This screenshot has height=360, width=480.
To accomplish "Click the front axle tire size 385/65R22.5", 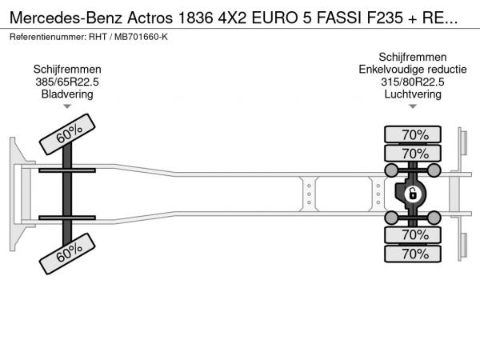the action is tap(67, 82).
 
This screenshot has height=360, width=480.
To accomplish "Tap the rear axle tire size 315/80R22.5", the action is tap(412, 82).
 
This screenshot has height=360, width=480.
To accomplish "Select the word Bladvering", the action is tap(67, 94).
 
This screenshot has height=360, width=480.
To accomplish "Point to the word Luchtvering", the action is tap(413, 94).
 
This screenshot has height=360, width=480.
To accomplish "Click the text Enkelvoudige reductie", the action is tap(413, 70).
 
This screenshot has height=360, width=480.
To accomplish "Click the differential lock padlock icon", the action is tap(413, 194).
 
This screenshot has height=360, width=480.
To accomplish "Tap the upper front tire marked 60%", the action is tap(67, 134).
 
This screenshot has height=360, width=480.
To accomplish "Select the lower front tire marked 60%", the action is tap(67, 254).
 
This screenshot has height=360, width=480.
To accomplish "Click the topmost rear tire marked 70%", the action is tap(413, 134).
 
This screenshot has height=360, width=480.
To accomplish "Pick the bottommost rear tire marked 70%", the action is tap(413, 254).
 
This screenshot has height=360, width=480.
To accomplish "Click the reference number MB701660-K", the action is tap(141, 37).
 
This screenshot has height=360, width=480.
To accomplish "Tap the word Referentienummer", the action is tap(48, 37).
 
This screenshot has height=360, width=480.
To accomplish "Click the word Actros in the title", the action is tap(150, 18).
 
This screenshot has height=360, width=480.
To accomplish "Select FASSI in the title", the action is tap(339, 18).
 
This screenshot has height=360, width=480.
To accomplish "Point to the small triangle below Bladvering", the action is tap(67, 106).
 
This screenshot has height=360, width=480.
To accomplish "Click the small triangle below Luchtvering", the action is tap(413, 106).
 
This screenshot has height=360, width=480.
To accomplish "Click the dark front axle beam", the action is tap(67, 194).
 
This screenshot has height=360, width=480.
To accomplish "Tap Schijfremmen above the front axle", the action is tap(67, 70).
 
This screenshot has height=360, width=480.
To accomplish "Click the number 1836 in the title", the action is tap(195, 18).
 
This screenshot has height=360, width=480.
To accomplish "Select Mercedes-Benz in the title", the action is tap(66, 18).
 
